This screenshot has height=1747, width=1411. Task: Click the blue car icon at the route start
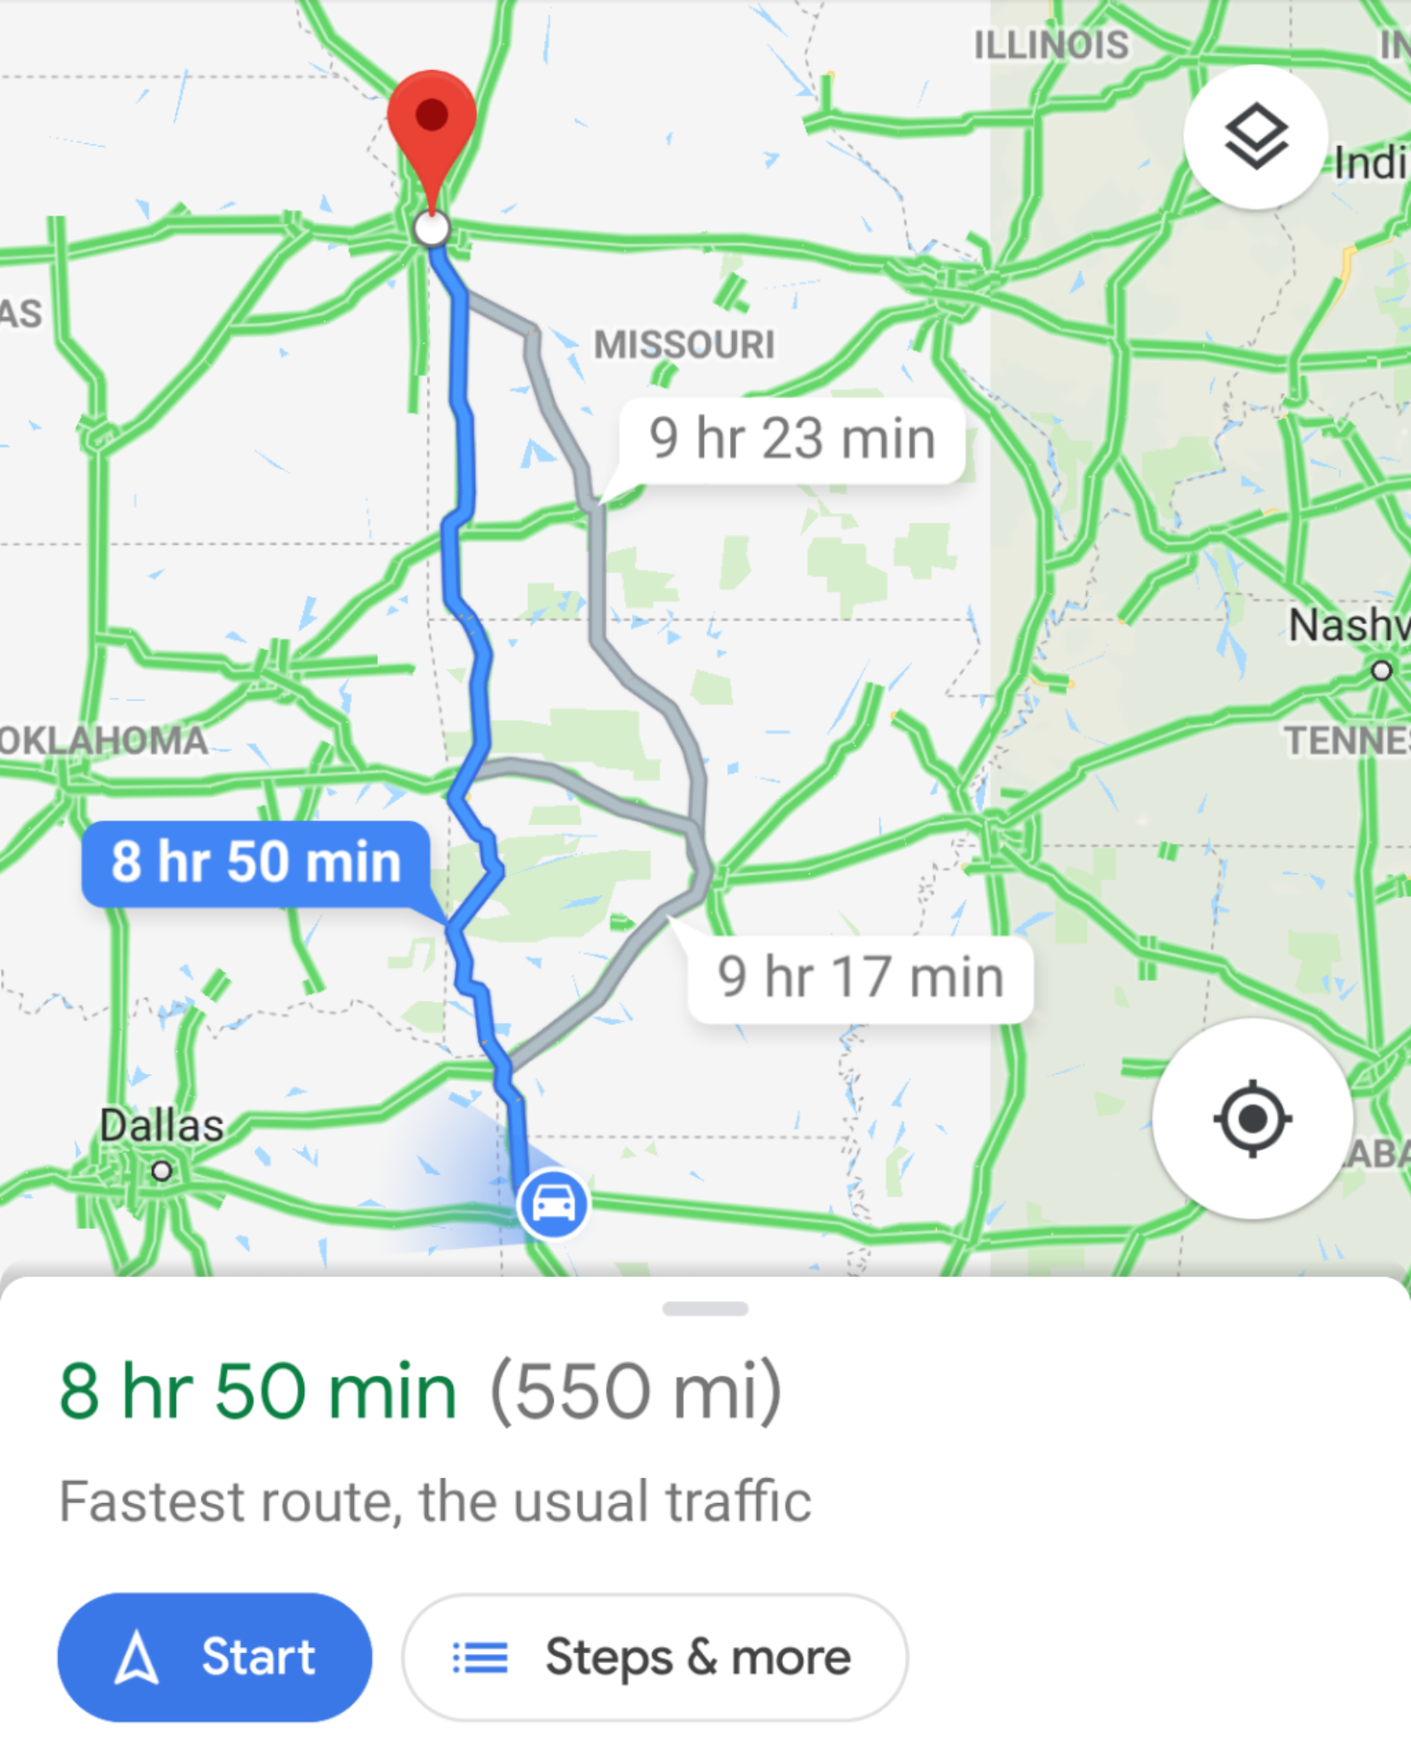[553, 1204]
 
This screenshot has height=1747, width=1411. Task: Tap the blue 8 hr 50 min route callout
[255, 862]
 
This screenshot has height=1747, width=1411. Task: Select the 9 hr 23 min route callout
[792, 439]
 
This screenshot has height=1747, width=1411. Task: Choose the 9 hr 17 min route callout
[860, 978]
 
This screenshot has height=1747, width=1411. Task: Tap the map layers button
[1255, 136]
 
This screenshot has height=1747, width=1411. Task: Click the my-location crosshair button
[1251, 1118]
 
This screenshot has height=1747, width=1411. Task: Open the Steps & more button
[654, 1657]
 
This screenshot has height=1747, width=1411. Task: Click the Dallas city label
[162, 1125]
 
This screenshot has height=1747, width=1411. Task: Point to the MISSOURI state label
[684, 345]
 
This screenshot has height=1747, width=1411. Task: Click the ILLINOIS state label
[1051, 45]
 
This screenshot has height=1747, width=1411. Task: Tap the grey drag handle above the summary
[705, 1309]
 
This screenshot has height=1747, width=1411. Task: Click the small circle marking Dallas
[161, 1170]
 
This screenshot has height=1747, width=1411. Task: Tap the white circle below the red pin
[431, 229]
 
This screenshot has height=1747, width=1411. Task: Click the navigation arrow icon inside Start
[136, 1658]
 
